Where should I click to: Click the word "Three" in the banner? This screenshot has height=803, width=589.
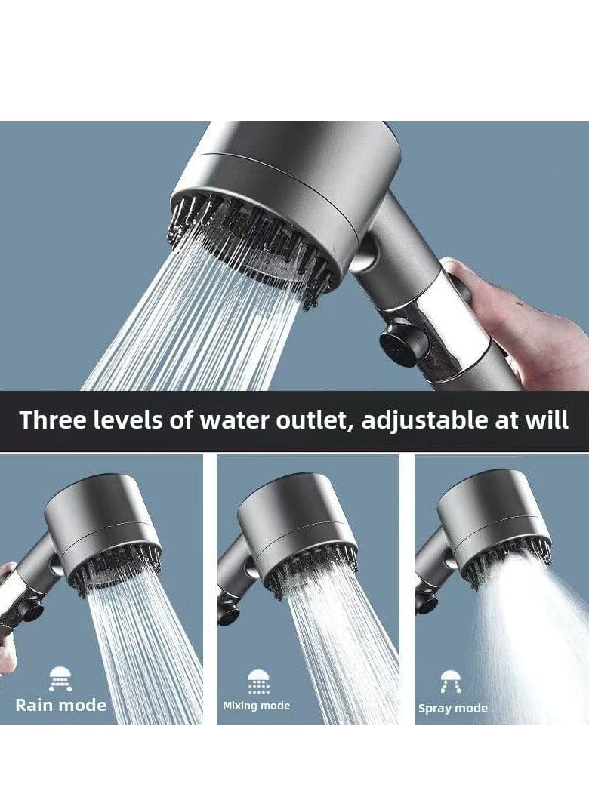[x=51, y=420]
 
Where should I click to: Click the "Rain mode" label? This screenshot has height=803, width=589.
[x=61, y=705]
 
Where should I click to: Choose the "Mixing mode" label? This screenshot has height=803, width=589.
[x=256, y=706]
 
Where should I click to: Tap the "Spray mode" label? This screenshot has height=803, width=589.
[x=453, y=709]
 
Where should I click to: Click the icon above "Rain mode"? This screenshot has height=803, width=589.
[x=61, y=679]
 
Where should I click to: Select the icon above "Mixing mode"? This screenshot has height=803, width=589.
[x=258, y=681]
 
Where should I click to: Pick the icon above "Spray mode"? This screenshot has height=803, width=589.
[x=452, y=682]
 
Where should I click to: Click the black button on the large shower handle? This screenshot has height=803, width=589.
[x=397, y=345]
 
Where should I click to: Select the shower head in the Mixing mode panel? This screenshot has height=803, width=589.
[x=298, y=528]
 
